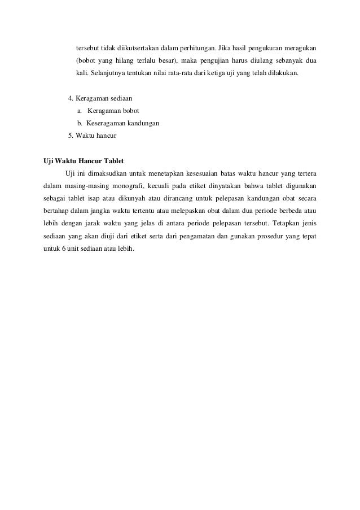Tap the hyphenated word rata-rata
pyautogui.click(x=189, y=73)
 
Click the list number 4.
pyautogui.click(x=70, y=97)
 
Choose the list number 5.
pyautogui.click(x=70, y=136)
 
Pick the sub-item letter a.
pyautogui.click(x=80, y=110)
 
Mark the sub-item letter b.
pyautogui.click(x=80, y=123)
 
